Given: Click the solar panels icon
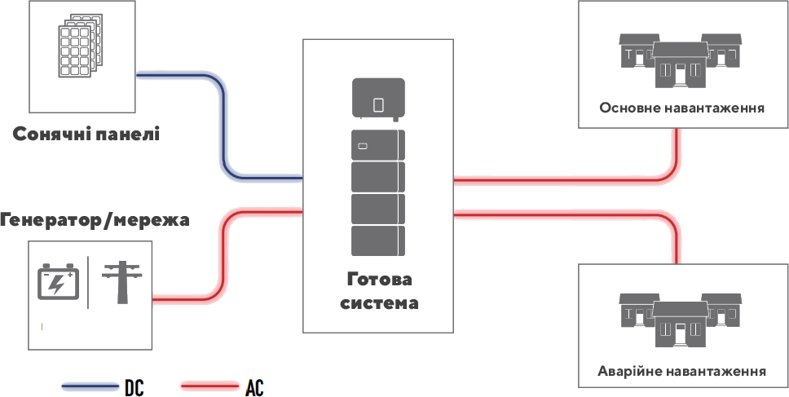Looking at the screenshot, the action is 79,46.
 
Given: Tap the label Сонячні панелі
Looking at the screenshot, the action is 86,135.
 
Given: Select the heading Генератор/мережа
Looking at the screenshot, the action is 95,220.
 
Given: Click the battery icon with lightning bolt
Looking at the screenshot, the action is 59,282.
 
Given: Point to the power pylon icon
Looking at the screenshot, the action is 122,282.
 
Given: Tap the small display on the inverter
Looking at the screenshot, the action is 378,104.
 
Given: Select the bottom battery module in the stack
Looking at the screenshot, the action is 378,241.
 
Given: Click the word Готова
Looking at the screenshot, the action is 379,280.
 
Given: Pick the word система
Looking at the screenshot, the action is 379,303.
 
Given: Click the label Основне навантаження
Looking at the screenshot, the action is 682,108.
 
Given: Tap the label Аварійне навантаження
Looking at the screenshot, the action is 682,372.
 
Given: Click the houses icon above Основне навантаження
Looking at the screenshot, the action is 680,60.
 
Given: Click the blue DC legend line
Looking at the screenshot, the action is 90,386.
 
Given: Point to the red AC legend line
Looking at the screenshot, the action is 209,386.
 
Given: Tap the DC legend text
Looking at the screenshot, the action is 134,388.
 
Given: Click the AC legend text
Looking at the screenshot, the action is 254,388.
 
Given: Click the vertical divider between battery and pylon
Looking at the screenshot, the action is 88,282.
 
